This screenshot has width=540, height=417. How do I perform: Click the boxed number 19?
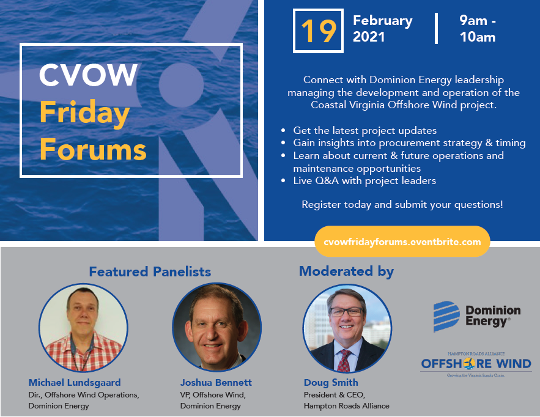[x=319, y=31]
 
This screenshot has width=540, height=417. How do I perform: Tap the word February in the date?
[x=383, y=21]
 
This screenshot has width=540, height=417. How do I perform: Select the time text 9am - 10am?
[x=478, y=29]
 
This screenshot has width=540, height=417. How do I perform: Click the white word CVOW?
[x=88, y=75]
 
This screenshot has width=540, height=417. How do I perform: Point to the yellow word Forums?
[x=93, y=149]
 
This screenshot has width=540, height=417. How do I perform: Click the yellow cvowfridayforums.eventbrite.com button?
[x=402, y=242]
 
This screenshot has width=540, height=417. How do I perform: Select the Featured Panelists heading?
[x=150, y=271]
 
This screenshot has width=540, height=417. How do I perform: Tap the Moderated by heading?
[x=346, y=271]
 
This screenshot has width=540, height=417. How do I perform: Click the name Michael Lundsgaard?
[x=75, y=383]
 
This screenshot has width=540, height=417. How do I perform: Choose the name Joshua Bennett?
[x=216, y=383]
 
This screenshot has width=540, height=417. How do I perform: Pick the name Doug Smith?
[x=331, y=383]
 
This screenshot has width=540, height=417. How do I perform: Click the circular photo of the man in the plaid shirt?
[x=83, y=328]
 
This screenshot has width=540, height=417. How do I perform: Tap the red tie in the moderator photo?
[x=344, y=360]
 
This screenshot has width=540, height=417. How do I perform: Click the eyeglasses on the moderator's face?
[x=347, y=312]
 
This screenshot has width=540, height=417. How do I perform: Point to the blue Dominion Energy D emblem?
[x=446, y=317]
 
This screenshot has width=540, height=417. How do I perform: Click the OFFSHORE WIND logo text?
[x=476, y=364]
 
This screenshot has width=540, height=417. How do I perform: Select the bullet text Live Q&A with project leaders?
[x=364, y=181]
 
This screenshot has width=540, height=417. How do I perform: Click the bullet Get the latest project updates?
[x=364, y=130]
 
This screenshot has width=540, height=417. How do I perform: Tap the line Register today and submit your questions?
[x=402, y=205]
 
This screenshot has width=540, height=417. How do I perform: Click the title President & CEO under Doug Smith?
[x=334, y=394]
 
